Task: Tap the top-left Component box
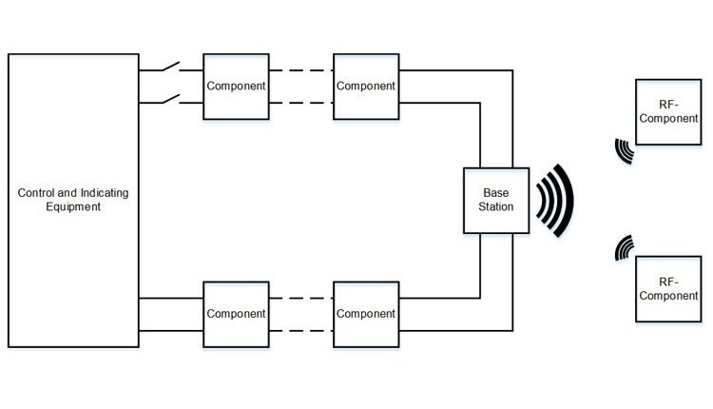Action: click(x=237, y=86)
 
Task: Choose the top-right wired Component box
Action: click(x=366, y=86)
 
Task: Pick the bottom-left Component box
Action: click(x=237, y=314)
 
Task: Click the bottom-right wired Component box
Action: click(x=366, y=314)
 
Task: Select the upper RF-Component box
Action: click(x=669, y=111)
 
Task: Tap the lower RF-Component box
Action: click(x=669, y=288)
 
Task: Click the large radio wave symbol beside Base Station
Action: click(x=554, y=200)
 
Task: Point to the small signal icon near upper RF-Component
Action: click(x=624, y=151)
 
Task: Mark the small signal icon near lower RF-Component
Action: click(x=624, y=247)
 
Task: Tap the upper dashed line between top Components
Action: click(x=301, y=70)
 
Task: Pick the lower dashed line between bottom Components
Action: click(x=301, y=330)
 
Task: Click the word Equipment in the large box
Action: click(x=73, y=207)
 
